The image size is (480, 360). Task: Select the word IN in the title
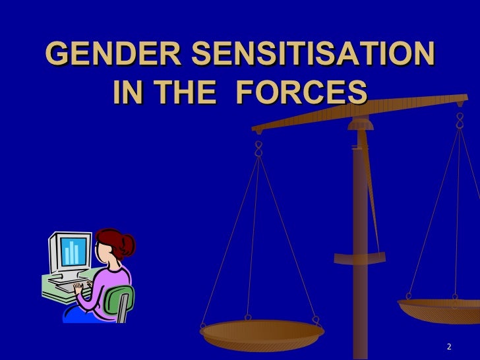tap(129, 93)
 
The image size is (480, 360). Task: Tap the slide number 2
tap(449, 347)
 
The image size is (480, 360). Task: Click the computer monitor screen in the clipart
tap(73, 251)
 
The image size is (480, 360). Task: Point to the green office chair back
tap(123, 300)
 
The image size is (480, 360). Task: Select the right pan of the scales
tap(442, 309)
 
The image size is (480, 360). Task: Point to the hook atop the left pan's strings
tap(258, 148)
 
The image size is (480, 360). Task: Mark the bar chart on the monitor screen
tap(73, 251)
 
